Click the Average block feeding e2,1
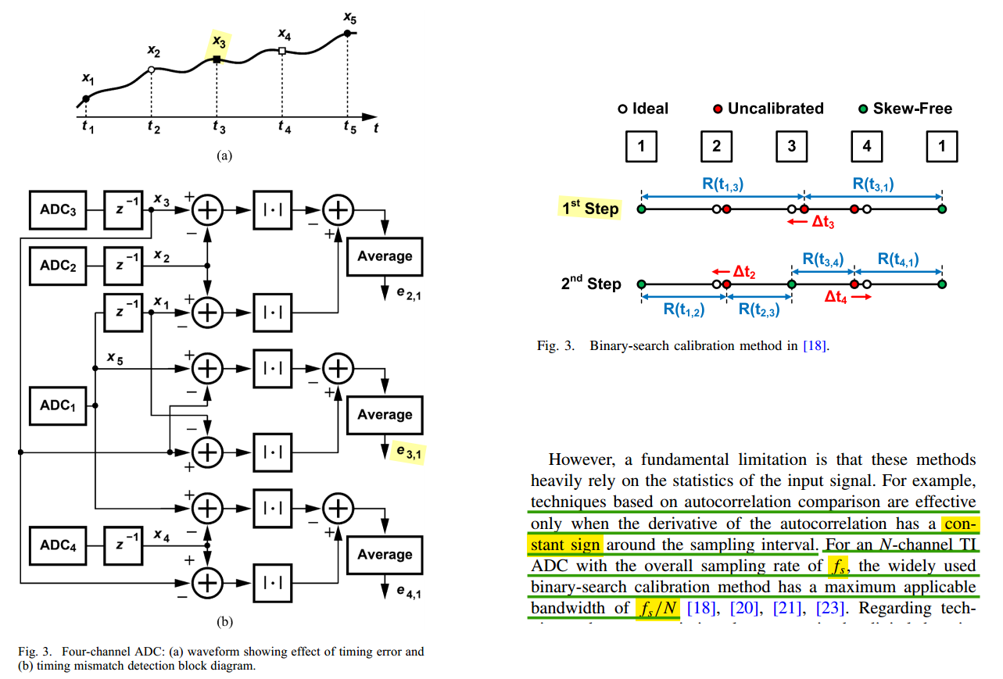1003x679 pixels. tap(385, 256)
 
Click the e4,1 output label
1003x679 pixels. tap(405, 591)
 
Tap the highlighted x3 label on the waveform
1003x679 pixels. tap(218, 42)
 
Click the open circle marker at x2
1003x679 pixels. tap(151, 70)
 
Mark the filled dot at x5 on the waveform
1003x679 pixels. tap(347, 34)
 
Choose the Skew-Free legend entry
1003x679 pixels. tap(906, 109)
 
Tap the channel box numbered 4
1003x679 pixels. tap(865, 146)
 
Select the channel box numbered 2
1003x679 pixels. tap(716, 146)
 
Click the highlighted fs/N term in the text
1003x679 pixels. tap(657, 608)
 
